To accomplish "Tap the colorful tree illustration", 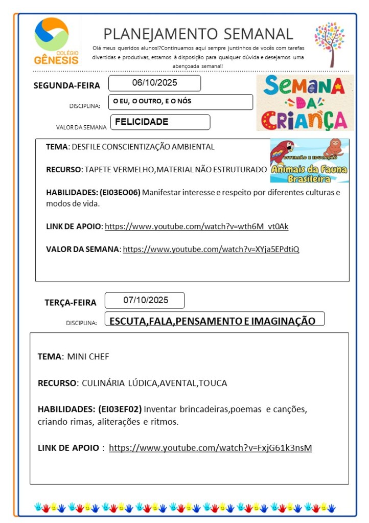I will (x=330, y=43).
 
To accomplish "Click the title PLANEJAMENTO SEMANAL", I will (x=198, y=34).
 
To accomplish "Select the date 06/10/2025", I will (x=154, y=83).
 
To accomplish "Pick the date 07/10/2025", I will (x=145, y=300).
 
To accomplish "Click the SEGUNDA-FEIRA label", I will (x=66, y=85).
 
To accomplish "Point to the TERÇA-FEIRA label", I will (x=70, y=303).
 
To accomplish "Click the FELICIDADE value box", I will (x=159, y=122).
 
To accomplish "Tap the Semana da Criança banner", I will (x=305, y=103).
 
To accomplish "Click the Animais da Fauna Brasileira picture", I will (x=310, y=161).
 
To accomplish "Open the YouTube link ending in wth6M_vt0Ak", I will (x=196, y=226).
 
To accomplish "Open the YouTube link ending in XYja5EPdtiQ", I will (x=211, y=249).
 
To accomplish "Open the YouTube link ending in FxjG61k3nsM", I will (x=210, y=448).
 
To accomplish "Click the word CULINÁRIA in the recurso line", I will (x=103, y=383).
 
